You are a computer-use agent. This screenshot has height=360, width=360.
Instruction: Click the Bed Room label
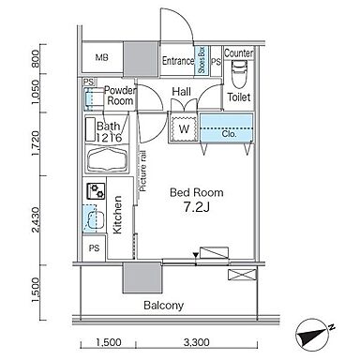point(197,192)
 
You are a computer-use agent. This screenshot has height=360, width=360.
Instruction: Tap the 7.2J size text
point(197,207)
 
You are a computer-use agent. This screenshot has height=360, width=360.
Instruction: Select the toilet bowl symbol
point(240,74)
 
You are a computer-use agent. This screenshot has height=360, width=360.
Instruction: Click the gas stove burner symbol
point(97,191)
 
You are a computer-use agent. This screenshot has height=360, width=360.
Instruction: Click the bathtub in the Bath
point(108,158)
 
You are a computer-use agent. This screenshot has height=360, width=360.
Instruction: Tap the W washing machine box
point(184,128)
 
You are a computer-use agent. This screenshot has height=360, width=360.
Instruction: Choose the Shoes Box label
point(202,60)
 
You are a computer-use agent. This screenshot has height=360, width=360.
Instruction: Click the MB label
point(102,58)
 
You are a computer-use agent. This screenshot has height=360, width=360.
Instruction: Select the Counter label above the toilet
point(238,52)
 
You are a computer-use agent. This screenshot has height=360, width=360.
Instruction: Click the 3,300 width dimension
point(196,342)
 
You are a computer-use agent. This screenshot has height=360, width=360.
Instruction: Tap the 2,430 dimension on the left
point(37,220)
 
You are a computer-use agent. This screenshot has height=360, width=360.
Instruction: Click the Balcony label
point(163,306)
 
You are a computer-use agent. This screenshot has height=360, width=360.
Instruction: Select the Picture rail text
point(142,171)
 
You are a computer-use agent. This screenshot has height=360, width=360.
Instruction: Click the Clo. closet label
point(229,134)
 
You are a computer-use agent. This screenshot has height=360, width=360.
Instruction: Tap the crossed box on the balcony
point(242,275)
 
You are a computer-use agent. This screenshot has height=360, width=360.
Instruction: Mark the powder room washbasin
point(94,98)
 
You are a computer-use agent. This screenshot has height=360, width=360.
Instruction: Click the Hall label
point(182,92)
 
